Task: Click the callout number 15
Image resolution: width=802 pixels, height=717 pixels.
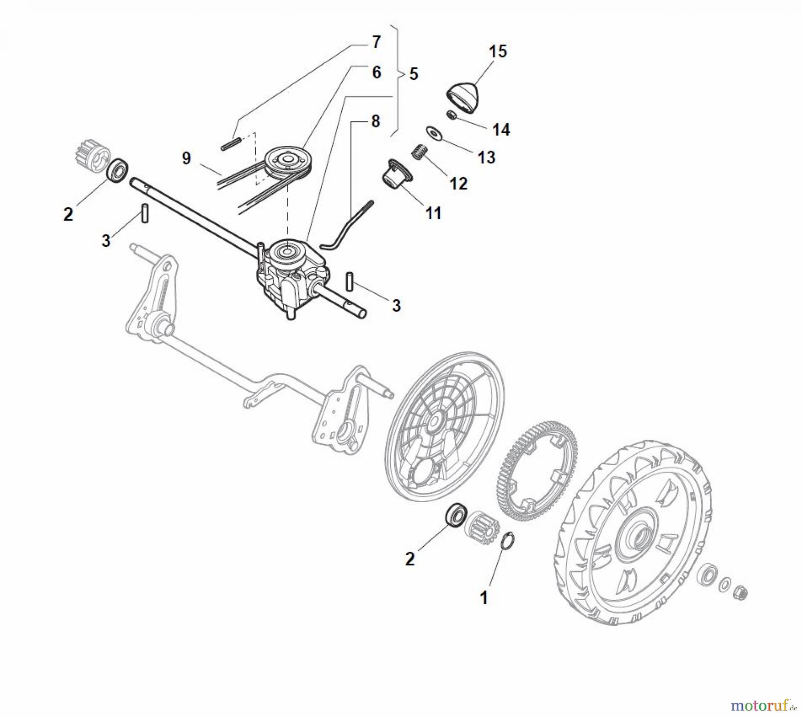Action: click(x=498, y=51)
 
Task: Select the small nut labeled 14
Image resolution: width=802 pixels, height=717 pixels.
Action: click(x=451, y=115)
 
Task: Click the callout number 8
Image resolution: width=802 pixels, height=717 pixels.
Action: click(x=375, y=121)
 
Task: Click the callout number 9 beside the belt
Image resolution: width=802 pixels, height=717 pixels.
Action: click(x=186, y=158)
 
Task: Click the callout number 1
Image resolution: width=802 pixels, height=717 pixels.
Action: click(x=484, y=598)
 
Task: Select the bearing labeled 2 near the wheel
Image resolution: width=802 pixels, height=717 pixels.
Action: click(x=455, y=516)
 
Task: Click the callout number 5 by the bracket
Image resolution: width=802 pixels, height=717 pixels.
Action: click(x=413, y=74)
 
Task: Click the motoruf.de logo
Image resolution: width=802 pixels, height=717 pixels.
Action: click(x=763, y=705)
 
